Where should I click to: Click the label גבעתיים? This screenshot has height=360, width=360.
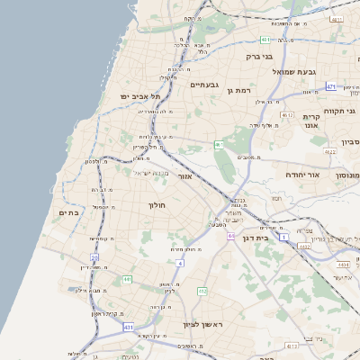coord(204,84)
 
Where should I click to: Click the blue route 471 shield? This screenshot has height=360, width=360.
coord(331,86)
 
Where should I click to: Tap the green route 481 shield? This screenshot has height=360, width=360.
coord(265,40)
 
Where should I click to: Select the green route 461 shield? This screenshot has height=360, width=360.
coord(219,144)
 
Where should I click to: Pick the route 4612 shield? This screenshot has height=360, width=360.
coord(287,115)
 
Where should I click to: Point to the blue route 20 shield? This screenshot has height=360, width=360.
coord(94,257)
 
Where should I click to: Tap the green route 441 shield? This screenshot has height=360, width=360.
coord(127,280)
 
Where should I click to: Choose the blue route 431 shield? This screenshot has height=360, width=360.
coord(129,327)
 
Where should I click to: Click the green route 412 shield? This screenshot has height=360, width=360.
coord(202,292)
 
